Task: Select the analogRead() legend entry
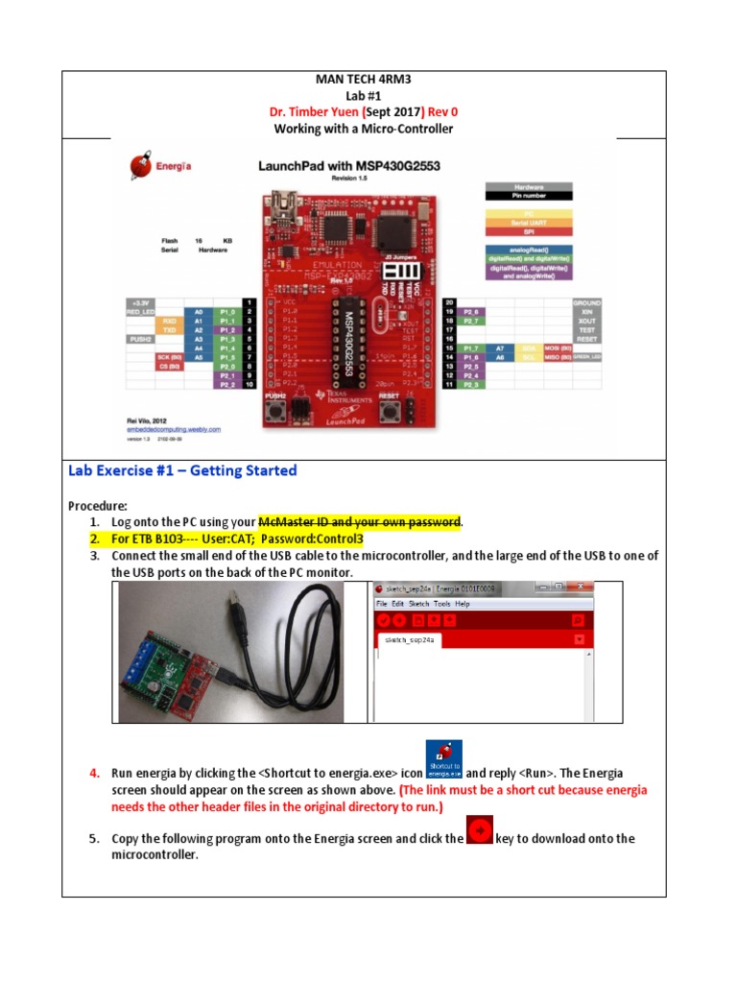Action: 529,250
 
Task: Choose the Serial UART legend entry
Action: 529,223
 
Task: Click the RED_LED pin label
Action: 142,312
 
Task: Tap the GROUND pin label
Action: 587,302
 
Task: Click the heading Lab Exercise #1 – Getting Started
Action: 182,470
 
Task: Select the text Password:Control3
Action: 301,539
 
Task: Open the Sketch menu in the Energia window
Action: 419,604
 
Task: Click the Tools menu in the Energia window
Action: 441,604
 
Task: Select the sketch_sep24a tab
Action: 411,639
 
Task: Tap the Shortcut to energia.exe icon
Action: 443,758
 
